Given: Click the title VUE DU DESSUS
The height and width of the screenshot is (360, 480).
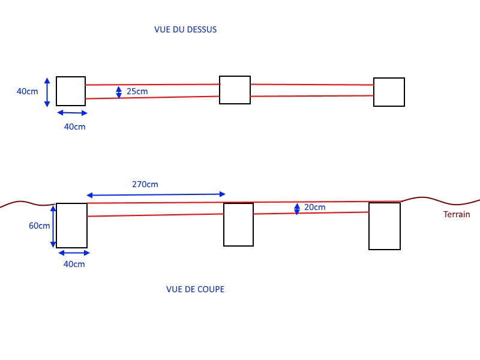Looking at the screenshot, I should click(x=185, y=29).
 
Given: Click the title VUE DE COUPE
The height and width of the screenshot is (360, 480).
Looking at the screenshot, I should click(x=195, y=289).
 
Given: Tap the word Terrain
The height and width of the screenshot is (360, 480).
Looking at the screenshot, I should click(x=457, y=214).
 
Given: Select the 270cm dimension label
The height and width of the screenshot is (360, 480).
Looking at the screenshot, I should click(x=145, y=184).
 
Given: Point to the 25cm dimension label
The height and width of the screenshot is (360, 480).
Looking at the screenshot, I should click(x=137, y=92).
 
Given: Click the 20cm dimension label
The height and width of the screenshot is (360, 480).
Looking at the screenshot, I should click(x=315, y=208).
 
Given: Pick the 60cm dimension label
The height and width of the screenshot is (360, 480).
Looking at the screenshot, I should click(x=40, y=226).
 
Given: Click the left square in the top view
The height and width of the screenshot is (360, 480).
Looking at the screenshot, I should click(x=71, y=91).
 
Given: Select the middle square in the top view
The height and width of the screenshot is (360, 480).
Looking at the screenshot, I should click(x=235, y=90).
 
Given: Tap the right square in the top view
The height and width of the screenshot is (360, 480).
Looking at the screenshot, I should click(x=389, y=92).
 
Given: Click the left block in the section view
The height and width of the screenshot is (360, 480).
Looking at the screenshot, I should click(x=71, y=225).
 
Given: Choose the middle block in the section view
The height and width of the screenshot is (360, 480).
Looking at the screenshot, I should click(x=238, y=224).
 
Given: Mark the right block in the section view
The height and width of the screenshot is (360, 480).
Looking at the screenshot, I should click(x=384, y=226).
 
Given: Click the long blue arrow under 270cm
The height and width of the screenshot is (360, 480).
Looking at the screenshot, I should click(x=156, y=194).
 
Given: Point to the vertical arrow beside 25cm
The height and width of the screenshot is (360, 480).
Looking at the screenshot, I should click(x=119, y=91).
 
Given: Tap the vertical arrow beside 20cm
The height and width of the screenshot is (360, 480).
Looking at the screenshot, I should click(x=297, y=208).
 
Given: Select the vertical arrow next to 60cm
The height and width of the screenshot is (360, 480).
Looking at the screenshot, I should click(x=53, y=226).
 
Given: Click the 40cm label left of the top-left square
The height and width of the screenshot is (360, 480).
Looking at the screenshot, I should click(x=26, y=92).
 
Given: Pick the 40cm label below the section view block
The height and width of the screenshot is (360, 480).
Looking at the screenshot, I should click(x=74, y=264).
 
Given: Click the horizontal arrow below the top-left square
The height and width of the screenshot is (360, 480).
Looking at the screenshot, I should click(x=72, y=112).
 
